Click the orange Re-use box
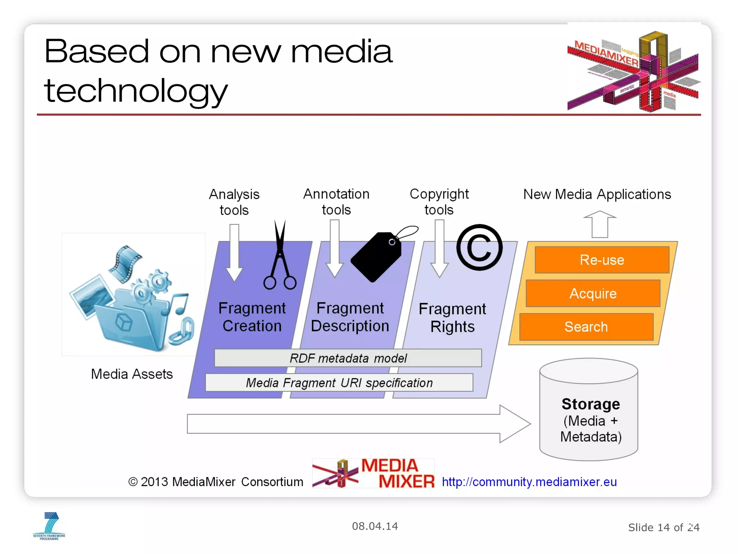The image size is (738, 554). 602,260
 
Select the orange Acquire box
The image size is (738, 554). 593,293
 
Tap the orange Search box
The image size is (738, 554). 586,327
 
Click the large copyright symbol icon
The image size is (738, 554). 479,247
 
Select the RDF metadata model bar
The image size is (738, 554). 348,358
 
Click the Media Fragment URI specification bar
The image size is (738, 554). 339,383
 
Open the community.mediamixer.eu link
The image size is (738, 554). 529,482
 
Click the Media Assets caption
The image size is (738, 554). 132,374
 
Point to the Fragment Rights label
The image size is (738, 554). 452,318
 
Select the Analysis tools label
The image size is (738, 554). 234,202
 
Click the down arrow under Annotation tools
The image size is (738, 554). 335,249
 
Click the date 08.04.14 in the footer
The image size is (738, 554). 375,526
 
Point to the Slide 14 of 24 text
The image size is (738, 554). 663,528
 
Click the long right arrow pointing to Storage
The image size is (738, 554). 357,424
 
